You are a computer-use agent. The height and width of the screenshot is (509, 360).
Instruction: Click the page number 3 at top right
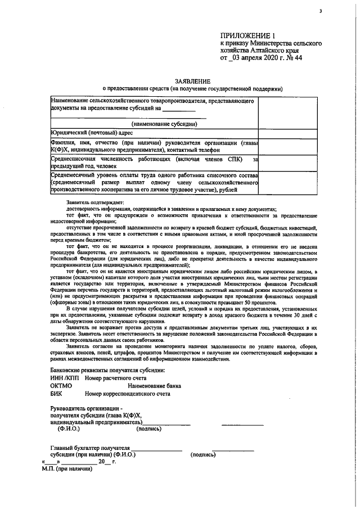[321, 11]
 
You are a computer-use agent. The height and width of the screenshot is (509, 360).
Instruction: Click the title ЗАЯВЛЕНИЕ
[192, 81]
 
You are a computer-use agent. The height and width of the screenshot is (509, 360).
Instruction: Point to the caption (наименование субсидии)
[164, 124]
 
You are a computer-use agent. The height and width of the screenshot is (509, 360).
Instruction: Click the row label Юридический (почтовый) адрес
[92, 133]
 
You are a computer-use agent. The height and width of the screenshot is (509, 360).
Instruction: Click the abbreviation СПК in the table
[227, 159]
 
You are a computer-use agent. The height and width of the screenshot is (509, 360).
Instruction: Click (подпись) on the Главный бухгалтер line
[203, 454]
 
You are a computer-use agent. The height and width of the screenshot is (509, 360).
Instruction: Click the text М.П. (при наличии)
[66, 469]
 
